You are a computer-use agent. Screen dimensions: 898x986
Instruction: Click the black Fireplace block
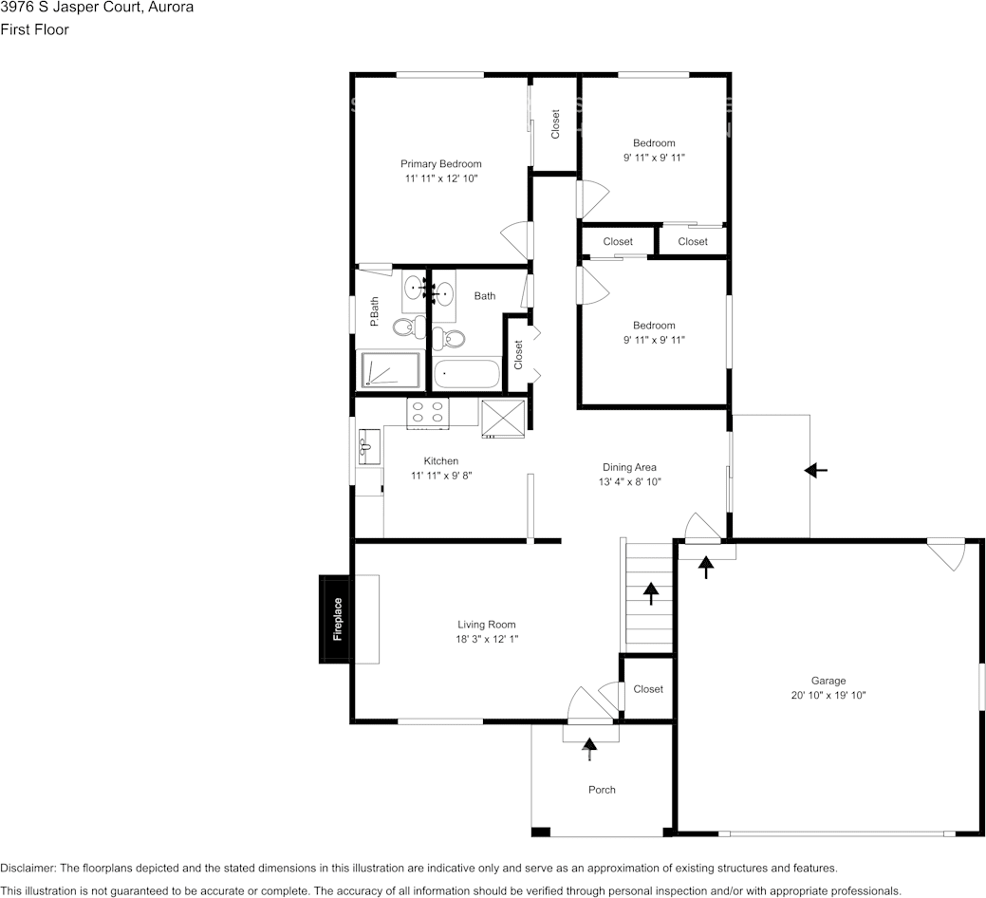point(335,619)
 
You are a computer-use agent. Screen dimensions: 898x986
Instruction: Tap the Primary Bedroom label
point(440,163)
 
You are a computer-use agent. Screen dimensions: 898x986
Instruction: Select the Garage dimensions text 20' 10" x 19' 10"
point(828,695)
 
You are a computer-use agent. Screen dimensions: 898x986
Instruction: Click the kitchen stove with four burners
point(427,412)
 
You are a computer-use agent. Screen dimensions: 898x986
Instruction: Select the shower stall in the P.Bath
point(389,370)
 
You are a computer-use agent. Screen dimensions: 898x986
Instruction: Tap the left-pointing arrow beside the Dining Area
point(815,470)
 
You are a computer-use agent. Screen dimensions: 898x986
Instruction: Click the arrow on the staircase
point(651,593)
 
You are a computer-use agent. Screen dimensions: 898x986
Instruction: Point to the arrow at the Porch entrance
point(590,749)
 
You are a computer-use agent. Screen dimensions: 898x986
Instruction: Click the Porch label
point(602,790)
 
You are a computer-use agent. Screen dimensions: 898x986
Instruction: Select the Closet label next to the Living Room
point(648,689)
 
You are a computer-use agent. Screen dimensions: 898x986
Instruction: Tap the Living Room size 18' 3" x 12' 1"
point(486,639)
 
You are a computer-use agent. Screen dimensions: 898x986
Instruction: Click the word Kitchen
point(441,461)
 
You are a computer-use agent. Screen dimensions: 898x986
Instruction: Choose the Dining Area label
point(629,467)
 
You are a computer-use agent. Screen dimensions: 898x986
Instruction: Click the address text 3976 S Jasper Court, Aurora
point(97,9)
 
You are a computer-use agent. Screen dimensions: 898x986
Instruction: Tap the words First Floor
point(34,29)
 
